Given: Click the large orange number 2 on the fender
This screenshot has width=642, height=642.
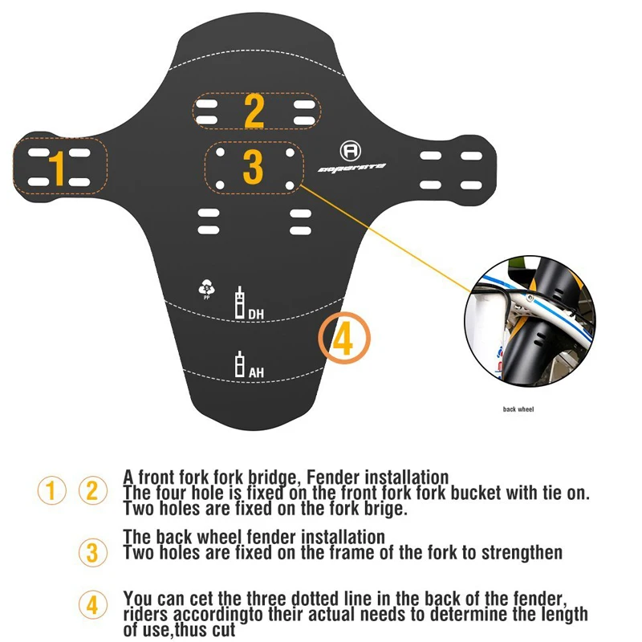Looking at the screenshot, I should pos(254,112).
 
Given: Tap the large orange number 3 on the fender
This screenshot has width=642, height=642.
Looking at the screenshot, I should pos(253,166).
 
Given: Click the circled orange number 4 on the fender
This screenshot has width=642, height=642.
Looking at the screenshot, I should pos(343,340).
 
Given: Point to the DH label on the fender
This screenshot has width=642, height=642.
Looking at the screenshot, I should pos(256,313).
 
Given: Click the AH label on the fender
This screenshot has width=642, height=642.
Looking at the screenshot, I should pos(256,372).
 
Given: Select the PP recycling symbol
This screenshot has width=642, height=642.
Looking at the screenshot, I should pos(208,288).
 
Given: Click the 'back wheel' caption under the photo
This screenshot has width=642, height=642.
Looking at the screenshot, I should pos(518,409).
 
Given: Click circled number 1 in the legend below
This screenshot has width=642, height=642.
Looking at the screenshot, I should pos(52,490).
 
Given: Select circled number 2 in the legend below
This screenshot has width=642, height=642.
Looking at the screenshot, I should pos(91,490).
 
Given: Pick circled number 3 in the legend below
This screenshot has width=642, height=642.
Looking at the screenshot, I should pos(91,553).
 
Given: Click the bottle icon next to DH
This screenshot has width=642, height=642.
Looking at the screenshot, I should pos(238,303).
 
